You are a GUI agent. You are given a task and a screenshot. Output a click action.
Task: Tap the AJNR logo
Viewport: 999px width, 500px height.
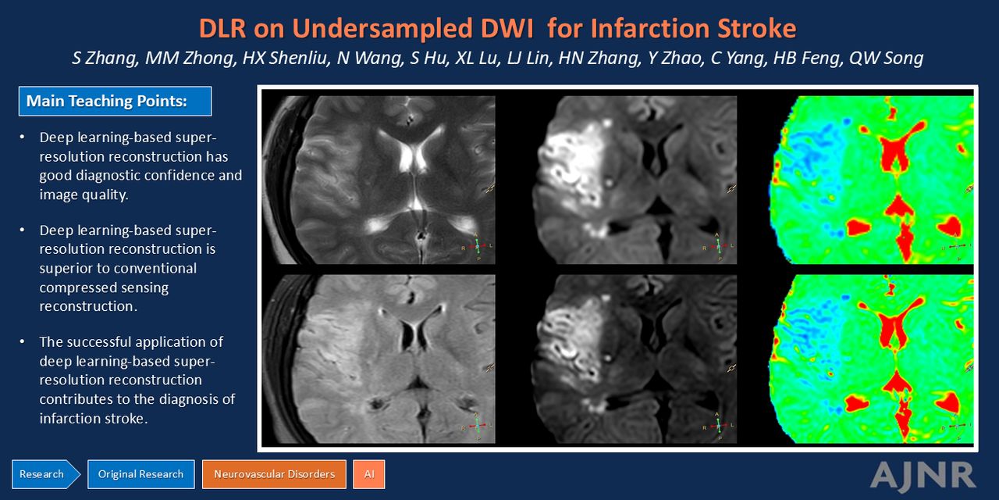coord(923,475)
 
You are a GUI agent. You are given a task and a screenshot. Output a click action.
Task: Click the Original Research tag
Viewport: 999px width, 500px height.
coord(141,474)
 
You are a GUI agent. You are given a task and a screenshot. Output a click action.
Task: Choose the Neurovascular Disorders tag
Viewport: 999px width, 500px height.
coord(274,474)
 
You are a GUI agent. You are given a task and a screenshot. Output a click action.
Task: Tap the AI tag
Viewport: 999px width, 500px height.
coord(369,474)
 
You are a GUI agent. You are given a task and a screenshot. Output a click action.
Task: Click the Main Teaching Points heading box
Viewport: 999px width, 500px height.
coord(115,102)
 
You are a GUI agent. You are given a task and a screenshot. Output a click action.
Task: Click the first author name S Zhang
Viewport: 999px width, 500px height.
coord(105,59)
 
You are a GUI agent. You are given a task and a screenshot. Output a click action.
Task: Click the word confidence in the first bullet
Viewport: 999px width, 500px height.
coord(170,176)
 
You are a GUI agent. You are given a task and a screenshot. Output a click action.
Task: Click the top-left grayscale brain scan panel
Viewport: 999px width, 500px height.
coord(379,180)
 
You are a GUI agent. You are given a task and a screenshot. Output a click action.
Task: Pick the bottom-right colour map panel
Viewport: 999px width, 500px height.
coord(871,359)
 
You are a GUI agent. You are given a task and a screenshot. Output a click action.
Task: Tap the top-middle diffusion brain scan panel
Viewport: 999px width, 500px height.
coord(634,180)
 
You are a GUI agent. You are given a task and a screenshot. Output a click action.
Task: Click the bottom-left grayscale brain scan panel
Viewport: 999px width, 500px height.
coord(379,359)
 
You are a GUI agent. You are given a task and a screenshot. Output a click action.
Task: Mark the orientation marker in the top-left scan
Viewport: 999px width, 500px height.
coord(477,246)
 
